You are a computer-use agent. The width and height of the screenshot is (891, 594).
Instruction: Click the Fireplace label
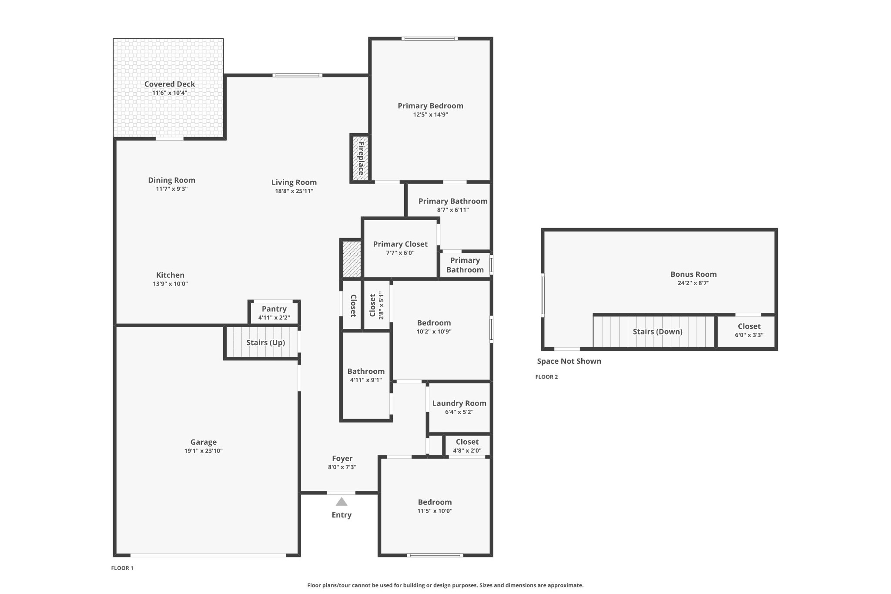(x=361, y=158)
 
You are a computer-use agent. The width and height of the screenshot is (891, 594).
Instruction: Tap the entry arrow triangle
(x=342, y=502)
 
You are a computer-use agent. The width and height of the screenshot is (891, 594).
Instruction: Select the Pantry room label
(x=274, y=309)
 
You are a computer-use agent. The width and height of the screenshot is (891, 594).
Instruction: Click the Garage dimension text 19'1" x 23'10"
(x=203, y=451)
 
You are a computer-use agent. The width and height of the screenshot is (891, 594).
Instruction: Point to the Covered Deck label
(x=170, y=84)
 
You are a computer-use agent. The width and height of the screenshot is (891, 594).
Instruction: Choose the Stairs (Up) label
(x=266, y=342)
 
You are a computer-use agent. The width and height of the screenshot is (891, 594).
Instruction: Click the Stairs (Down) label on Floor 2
(x=657, y=332)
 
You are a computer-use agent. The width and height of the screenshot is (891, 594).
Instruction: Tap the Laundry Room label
(x=459, y=403)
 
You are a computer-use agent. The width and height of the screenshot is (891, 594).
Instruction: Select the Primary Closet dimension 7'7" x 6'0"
(x=400, y=253)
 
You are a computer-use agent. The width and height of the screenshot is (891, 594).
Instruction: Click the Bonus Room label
(x=693, y=274)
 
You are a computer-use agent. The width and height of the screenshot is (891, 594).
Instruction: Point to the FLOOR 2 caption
(x=546, y=377)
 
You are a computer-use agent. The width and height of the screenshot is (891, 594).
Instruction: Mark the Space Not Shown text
(x=569, y=361)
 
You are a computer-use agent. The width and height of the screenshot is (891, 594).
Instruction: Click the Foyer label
(x=342, y=458)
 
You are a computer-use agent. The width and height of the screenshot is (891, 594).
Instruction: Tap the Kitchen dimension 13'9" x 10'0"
(x=170, y=284)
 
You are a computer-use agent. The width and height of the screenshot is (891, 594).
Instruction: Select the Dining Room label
(x=171, y=180)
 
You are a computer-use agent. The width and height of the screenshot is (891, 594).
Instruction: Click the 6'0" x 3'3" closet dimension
(x=749, y=335)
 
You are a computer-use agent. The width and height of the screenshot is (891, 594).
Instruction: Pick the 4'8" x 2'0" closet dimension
(x=467, y=451)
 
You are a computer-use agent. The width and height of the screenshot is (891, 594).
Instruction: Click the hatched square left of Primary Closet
(x=352, y=259)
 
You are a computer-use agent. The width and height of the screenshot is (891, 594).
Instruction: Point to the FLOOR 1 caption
(x=122, y=568)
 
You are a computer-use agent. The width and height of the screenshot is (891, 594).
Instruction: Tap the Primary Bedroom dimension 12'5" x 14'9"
(x=431, y=114)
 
